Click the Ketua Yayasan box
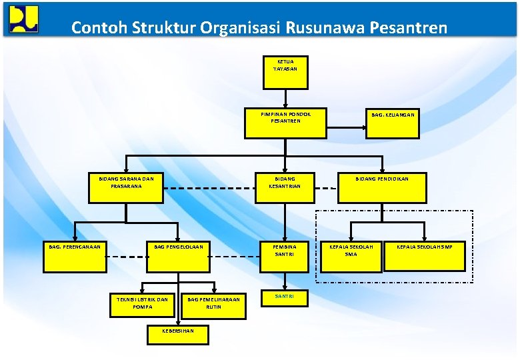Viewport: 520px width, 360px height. [x=285, y=72]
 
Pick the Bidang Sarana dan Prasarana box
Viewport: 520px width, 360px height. [x=126, y=187]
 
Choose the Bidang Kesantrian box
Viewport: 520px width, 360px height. [x=285, y=187]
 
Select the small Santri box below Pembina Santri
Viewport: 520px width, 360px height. [x=285, y=298]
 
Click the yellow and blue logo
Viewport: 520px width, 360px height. [x=24, y=19]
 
